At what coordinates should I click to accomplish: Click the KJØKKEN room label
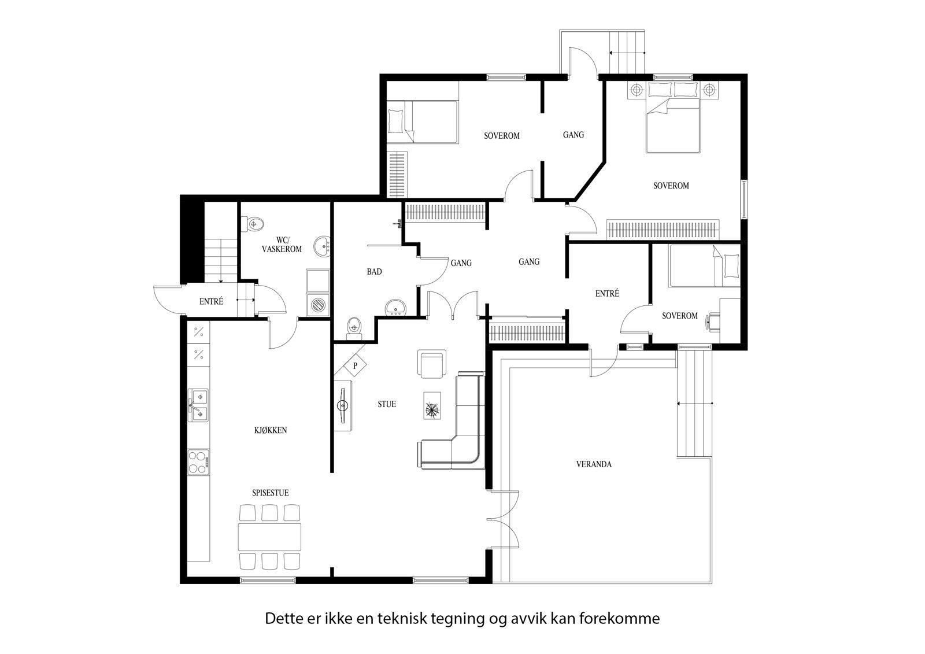pos(270,430)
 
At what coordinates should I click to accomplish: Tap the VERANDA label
pos(594,464)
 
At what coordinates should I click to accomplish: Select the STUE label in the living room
pos(387,404)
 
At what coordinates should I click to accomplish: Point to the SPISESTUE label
pos(270,493)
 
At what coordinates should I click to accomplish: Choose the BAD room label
pos(374,272)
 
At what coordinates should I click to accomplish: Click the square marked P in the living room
pos(356,365)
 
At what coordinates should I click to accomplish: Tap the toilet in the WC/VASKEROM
pos(254,224)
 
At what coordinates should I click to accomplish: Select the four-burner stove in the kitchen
pos(198,462)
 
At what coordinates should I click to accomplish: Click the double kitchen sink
pos(198,405)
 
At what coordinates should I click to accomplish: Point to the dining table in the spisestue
pos(270,537)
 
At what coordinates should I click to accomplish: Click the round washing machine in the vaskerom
pos(317,304)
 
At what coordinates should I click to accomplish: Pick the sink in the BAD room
pos(396,307)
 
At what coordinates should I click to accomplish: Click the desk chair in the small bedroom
pos(713,320)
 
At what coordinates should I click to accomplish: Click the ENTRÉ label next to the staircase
pos(211,301)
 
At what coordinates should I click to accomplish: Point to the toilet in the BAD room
pos(353,327)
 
